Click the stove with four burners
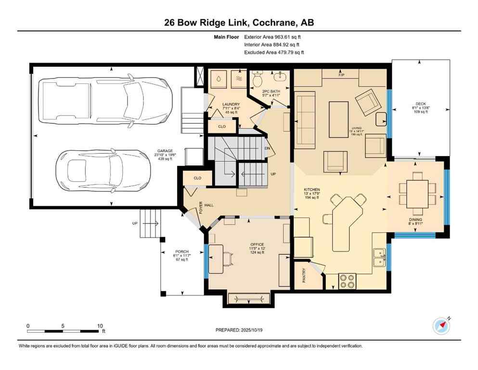347,280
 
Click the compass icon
441,326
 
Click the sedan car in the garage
103,170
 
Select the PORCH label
181,251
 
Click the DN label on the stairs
267,149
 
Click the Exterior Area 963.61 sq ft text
273,37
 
